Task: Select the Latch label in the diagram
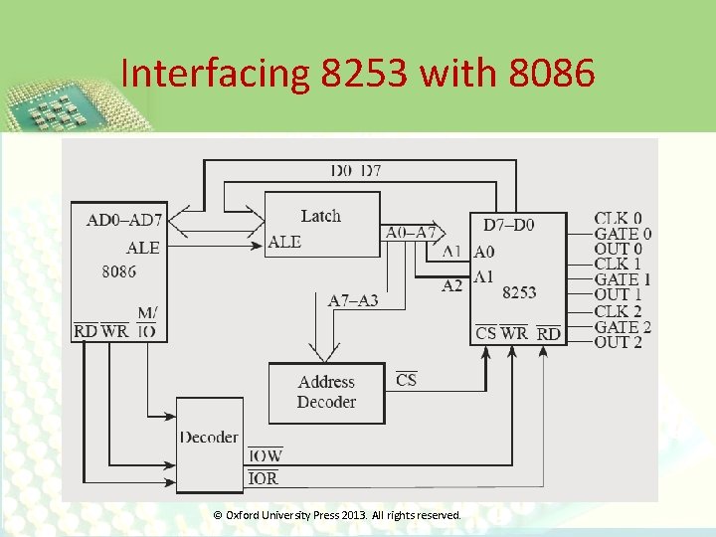(320, 216)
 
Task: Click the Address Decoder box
(326, 392)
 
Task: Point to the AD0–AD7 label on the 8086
(124, 219)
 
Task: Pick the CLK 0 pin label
(618, 218)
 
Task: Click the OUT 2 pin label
(618, 342)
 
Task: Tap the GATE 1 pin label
(623, 279)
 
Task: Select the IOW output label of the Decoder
(265, 455)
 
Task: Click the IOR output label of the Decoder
(263, 478)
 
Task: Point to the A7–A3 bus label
(353, 299)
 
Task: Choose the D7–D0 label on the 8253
(508, 225)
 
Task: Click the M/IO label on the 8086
(146, 322)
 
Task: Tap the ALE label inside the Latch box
(284, 242)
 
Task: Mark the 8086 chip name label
(118, 270)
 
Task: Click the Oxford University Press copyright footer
(338, 515)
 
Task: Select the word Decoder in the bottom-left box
(209, 437)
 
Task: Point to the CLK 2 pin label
(618, 311)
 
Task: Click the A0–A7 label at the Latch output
(410, 233)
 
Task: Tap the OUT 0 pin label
(618, 249)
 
